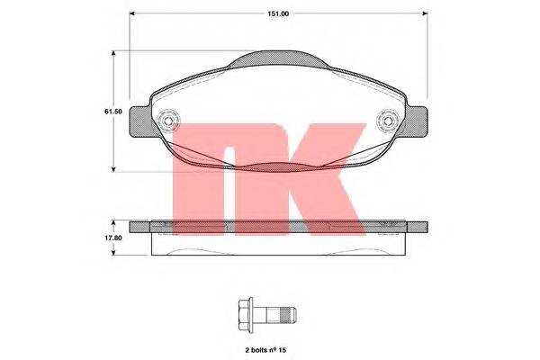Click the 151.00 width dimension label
pos(278,13)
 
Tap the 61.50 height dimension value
pos(113,112)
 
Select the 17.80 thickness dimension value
pos(113,238)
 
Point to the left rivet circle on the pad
pos(168,121)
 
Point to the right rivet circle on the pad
pos(388,121)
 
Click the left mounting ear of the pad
pos(139,121)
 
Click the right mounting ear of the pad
pos(417,121)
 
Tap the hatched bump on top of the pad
pos(278,58)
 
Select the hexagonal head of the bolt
pos(244,315)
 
